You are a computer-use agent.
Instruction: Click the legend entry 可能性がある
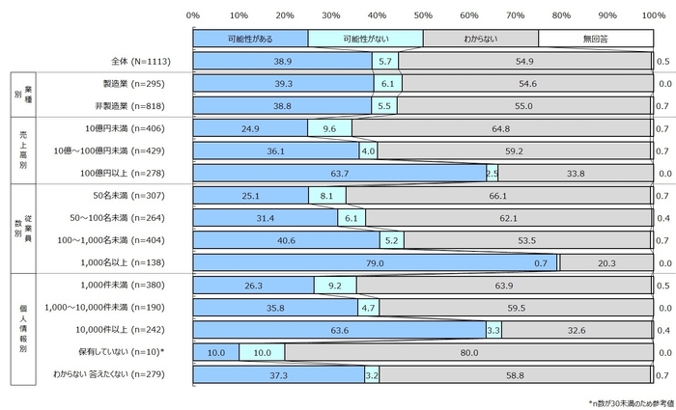(250, 39)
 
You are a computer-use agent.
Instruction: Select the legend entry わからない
(480, 39)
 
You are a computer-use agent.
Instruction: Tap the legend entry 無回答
(595, 39)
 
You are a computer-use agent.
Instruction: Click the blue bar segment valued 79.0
(375, 262)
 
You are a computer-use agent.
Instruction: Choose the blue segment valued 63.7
(339, 174)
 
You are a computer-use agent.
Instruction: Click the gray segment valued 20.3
(606, 262)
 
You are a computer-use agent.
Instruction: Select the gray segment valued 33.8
(576, 174)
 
